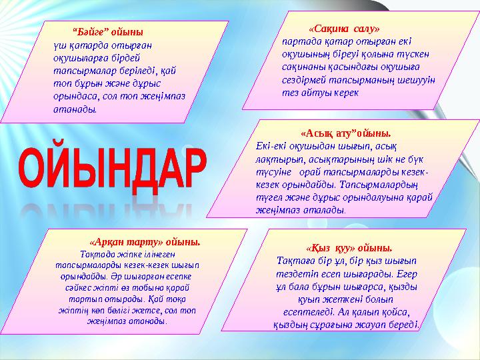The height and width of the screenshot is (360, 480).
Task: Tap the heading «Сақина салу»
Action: [344, 29]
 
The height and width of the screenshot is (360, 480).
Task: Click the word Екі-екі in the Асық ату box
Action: [271, 145]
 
